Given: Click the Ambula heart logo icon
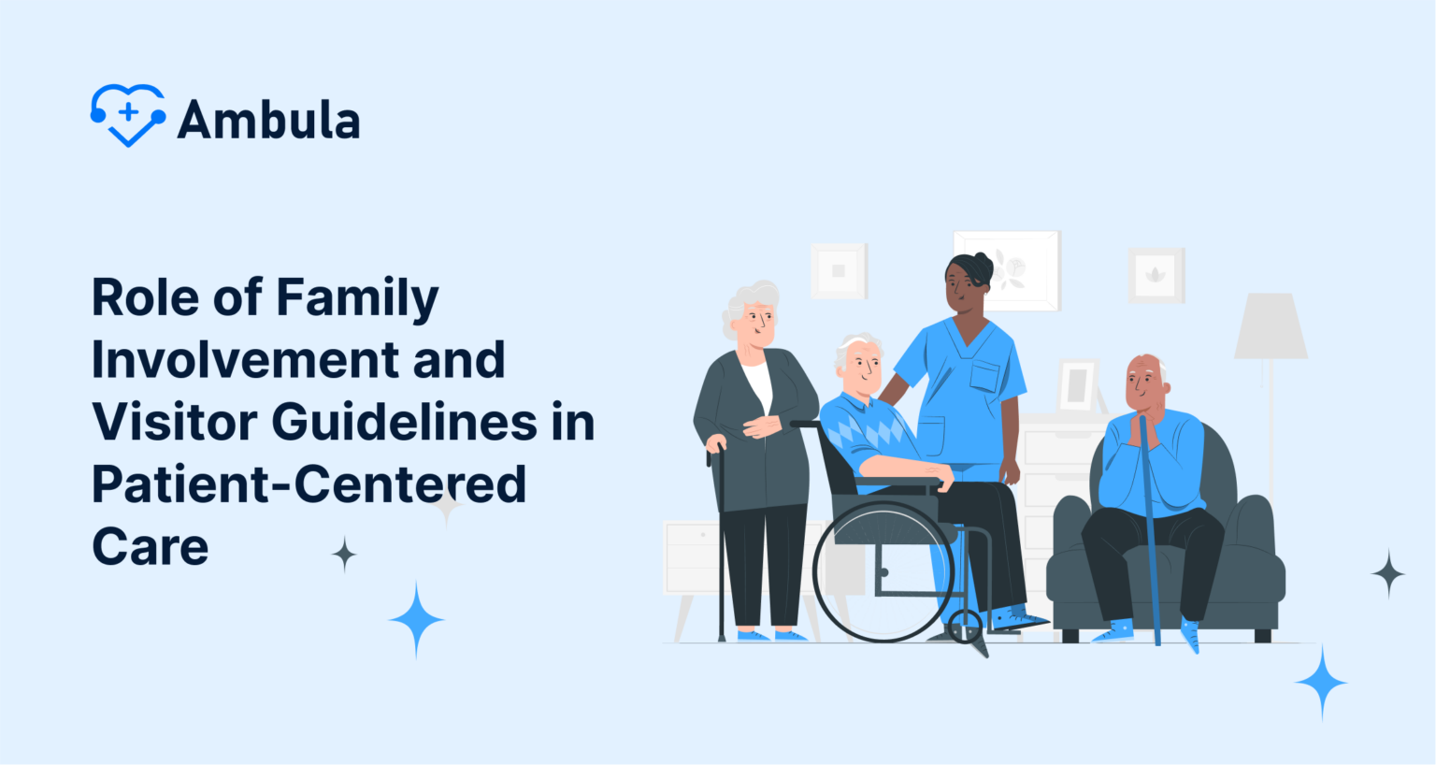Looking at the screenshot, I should tap(128, 115).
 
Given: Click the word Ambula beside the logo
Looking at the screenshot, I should tap(268, 121).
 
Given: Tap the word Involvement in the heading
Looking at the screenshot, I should tap(246, 360).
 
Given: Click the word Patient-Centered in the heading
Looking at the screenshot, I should tap(309, 484).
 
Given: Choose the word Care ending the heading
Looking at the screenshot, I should tap(150, 547).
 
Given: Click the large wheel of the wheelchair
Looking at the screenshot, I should tap(883, 571).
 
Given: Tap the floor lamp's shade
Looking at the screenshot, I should tap(1270, 326).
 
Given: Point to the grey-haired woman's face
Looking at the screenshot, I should tap(757, 323).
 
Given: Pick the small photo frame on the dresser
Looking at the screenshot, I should tap(1077, 384).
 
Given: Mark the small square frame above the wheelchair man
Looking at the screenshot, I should tap(839, 271).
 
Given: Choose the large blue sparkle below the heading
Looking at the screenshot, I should tap(416, 619).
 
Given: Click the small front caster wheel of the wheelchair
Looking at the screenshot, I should tap(965, 627).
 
